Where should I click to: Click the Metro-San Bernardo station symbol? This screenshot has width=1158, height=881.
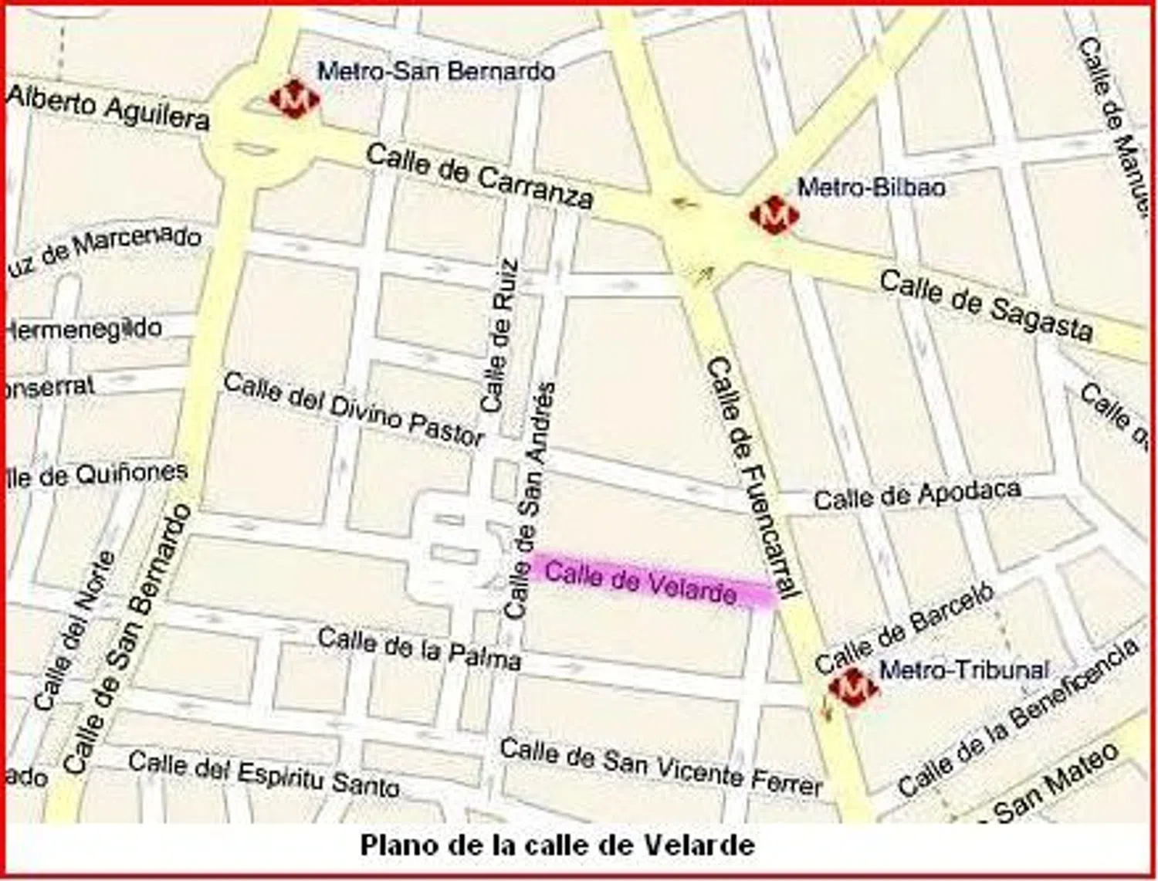pos(294,99)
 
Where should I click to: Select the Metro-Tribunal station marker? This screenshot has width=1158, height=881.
pos(853,686)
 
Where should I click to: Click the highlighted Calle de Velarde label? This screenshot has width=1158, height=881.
pos(641,583)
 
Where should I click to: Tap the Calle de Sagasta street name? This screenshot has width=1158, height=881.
pos(987,306)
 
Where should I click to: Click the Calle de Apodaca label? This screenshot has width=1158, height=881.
pos(917,494)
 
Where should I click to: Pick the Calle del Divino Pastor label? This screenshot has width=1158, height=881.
pos(354,409)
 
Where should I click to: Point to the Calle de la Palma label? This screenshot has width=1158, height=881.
pos(419,649)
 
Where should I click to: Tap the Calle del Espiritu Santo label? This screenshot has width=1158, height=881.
pos(264,773)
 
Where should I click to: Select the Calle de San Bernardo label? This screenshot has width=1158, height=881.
pos(128,638)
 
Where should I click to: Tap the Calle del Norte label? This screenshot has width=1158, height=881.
pos(75,630)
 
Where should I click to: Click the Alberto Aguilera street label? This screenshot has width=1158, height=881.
pos(108,107)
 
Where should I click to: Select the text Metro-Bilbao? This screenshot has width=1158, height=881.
pos(871,188)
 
